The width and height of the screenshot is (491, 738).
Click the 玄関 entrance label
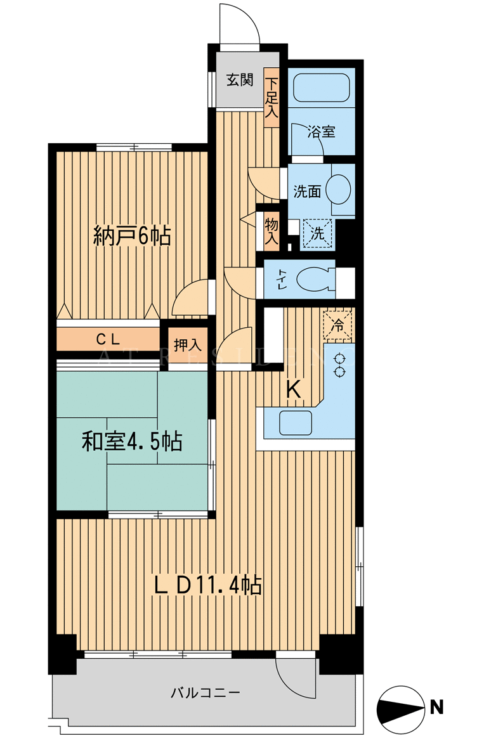[x=240, y=79]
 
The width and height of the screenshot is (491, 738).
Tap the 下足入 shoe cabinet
[x=272, y=98]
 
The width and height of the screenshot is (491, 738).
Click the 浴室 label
[x=322, y=132]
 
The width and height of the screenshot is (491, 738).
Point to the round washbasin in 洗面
[x=338, y=189]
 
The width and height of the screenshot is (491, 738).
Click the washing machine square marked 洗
[x=317, y=233]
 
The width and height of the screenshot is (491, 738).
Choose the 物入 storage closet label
[x=272, y=231]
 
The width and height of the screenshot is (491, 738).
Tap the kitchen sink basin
[x=296, y=423]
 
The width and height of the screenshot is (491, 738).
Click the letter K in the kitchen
[x=294, y=390]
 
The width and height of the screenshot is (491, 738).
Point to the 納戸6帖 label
[x=132, y=235]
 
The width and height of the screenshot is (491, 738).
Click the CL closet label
[x=108, y=339]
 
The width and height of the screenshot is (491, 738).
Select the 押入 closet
[x=188, y=346]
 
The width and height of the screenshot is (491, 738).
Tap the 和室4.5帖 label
[x=132, y=441]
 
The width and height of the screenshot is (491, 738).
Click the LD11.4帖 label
[x=209, y=585]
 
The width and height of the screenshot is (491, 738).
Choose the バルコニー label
[x=206, y=692]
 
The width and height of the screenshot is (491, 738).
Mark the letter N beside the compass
[x=437, y=707]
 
